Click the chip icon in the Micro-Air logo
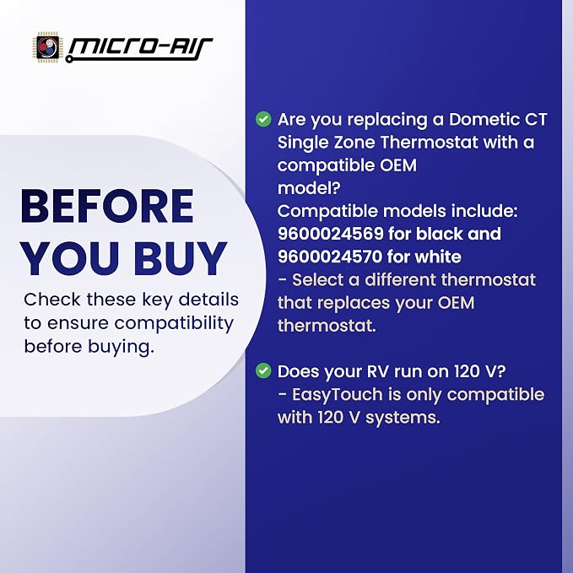(x=48, y=47)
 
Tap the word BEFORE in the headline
(x=107, y=206)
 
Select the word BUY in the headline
(x=180, y=258)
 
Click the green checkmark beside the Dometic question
(x=263, y=119)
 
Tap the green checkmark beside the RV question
(x=263, y=371)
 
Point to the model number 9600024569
(x=330, y=234)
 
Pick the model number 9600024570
(x=330, y=257)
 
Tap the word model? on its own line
(x=309, y=188)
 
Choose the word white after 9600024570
(x=438, y=257)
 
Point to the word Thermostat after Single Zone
(x=429, y=142)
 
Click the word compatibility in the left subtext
(x=174, y=324)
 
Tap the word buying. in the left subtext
(x=121, y=347)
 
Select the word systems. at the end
(x=403, y=418)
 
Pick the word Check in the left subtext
(x=51, y=300)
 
